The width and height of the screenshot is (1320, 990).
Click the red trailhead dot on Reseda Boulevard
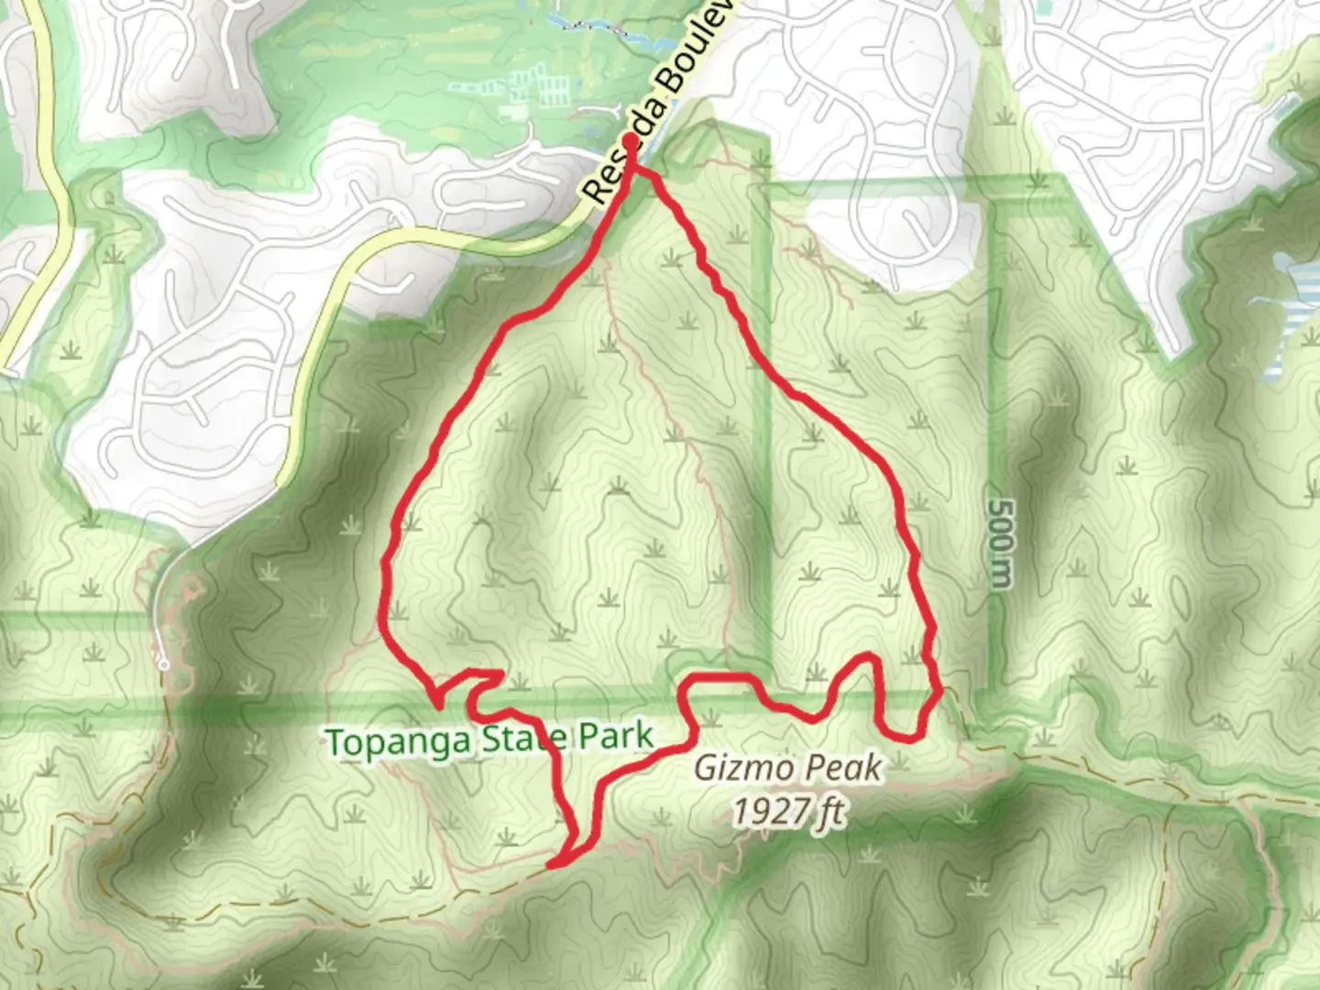[x=631, y=140]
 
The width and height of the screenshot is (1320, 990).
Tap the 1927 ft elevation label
[x=788, y=811]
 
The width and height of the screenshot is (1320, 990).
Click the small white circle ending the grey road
[x=163, y=664]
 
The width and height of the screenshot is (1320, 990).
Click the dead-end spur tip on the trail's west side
[x=437, y=705]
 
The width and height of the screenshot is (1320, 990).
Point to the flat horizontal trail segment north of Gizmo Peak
[x=720, y=677]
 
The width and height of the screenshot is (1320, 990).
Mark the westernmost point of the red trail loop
[x=382, y=605]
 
